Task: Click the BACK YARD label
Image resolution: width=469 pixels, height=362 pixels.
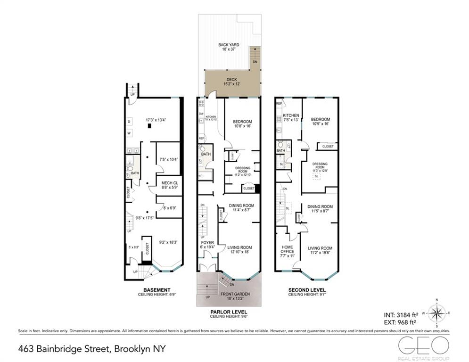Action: (x=225, y=45)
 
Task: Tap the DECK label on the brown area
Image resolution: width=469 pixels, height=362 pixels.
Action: (x=231, y=80)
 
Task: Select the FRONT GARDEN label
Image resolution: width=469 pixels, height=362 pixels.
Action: (x=235, y=294)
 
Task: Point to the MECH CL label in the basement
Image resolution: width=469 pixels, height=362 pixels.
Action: (x=168, y=183)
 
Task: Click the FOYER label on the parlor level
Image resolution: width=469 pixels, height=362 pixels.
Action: (x=207, y=243)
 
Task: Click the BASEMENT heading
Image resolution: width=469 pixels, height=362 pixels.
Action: (x=156, y=290)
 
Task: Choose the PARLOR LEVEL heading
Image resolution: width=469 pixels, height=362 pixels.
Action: (x=228, y=312)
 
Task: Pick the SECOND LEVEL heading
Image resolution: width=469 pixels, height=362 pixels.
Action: (x=306, y=290)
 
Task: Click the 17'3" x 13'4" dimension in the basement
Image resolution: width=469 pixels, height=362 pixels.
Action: (x=156, y=120)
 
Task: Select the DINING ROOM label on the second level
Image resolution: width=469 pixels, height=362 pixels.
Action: (x=320, y=206)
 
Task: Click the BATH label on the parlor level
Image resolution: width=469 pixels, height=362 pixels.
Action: (x=206, y=154)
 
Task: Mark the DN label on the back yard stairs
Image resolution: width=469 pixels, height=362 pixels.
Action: (x=255, y=61)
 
